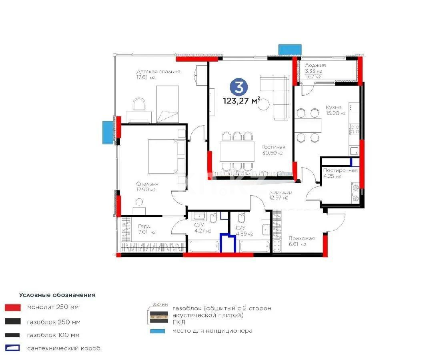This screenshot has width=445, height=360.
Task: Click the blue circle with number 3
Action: [x=239, y=87]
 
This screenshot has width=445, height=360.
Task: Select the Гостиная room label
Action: [x=274, y=147]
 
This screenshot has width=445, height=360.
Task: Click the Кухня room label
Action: [x=333, y=107]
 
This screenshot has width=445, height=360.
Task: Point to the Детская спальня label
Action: [x=158, y=72]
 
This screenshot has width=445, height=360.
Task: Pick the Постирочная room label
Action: [x=340, y=170]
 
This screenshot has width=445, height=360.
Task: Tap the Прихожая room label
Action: [x=302, y=238]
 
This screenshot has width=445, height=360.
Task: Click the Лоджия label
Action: [x=315, y=65]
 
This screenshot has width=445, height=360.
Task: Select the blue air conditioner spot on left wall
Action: [x=107, y=132]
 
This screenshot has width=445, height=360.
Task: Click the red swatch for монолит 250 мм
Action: [x=12, y=308]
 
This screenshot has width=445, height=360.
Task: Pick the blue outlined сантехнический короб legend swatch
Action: [x=12, y=348]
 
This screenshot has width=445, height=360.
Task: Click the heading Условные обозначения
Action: [x=57, y=295]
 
